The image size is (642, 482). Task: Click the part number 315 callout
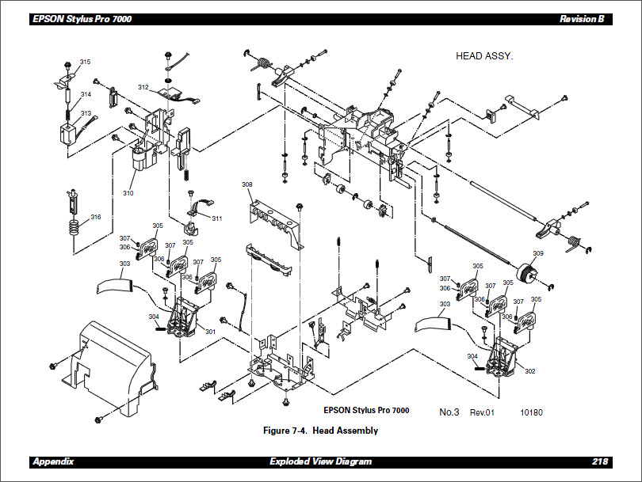pos(85,62)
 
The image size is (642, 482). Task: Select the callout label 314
pos(85,94)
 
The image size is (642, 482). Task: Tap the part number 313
pos(85,113)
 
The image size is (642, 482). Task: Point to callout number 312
pos(143,87)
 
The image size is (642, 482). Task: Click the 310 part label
pos(128,193)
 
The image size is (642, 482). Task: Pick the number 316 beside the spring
pos(95,217)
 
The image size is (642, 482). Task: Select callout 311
pos(216,218)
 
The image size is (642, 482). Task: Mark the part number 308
pos(246,184)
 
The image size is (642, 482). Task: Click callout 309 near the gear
pos(537,253)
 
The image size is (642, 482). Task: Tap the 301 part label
pos(210,331)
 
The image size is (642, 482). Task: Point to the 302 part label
pos(529,370)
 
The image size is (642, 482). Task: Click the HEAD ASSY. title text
pos(484,56)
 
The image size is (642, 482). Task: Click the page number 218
pos(600,461)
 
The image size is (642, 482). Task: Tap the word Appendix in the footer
pos(53,461)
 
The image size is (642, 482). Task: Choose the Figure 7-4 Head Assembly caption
pos(320,431)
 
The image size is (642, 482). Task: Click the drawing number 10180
pos(531,412)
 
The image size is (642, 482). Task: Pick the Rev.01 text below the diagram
pos(482,412)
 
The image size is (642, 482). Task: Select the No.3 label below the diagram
pos(449,412)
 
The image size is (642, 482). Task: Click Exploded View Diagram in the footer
pos(320,461)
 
